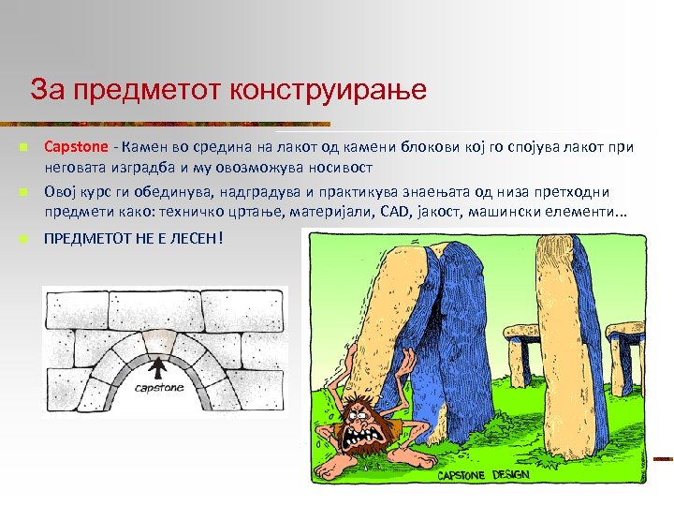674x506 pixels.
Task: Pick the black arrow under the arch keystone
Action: [x=158, y=366]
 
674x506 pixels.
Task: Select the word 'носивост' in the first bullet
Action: [x=341, y=168]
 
